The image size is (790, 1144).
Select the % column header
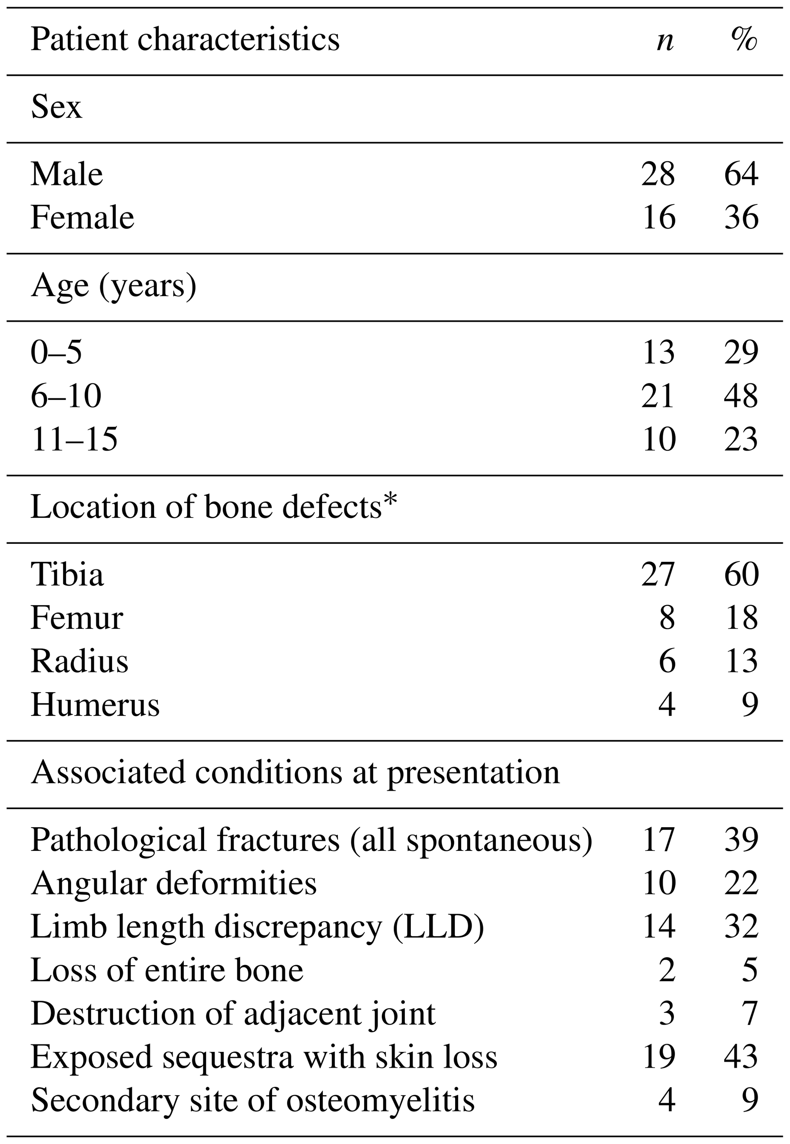(744, 40)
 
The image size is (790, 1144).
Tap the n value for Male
(658, 174)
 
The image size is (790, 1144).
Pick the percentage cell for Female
(741, 217)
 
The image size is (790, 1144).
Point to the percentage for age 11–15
(741, 439)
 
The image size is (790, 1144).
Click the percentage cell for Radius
(741, 661)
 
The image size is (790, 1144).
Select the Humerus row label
(95, 704)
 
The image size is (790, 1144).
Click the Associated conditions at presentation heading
(295, 772)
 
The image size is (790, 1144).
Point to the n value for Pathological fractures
(658, 840)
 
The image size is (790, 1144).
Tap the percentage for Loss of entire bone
(749, 970)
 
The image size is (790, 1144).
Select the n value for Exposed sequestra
(658, 1057)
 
